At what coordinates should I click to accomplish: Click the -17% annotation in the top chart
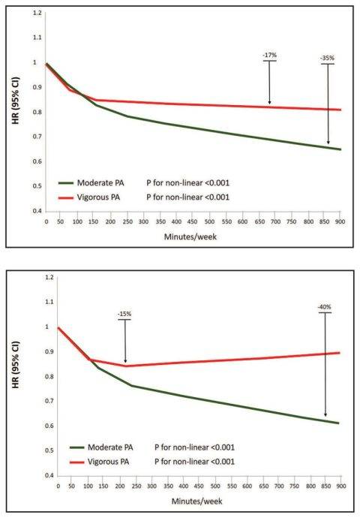[x=268, y=55]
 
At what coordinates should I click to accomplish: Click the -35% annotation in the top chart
[x=327, y=58]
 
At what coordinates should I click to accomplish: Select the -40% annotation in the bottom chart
[x=325, y=306]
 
